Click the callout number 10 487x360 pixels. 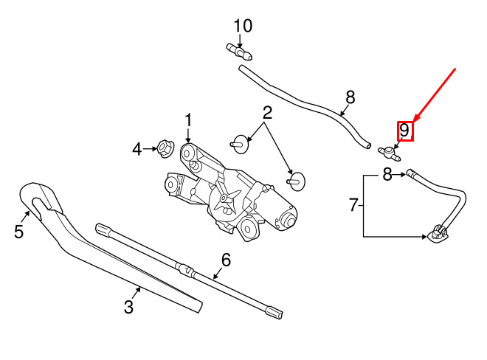(243, 26)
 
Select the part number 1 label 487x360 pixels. (188, 120)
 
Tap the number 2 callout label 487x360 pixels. (267, 113)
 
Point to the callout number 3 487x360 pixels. (128, 307)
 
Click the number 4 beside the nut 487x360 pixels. (137, 150)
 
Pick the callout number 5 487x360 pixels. (18, 232)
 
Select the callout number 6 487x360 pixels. (226, 260)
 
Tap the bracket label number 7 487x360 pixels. (353, 205)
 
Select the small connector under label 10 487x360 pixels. (239, 52)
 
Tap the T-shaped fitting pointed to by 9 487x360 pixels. (389, 153)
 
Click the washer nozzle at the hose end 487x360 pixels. (438, 233)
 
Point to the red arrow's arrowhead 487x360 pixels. (416, 118)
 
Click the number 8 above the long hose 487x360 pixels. (350, 97)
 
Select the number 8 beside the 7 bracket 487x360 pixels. (387, 174)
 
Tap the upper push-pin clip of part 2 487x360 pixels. (240, 144)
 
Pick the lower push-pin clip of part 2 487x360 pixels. (297, 181)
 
